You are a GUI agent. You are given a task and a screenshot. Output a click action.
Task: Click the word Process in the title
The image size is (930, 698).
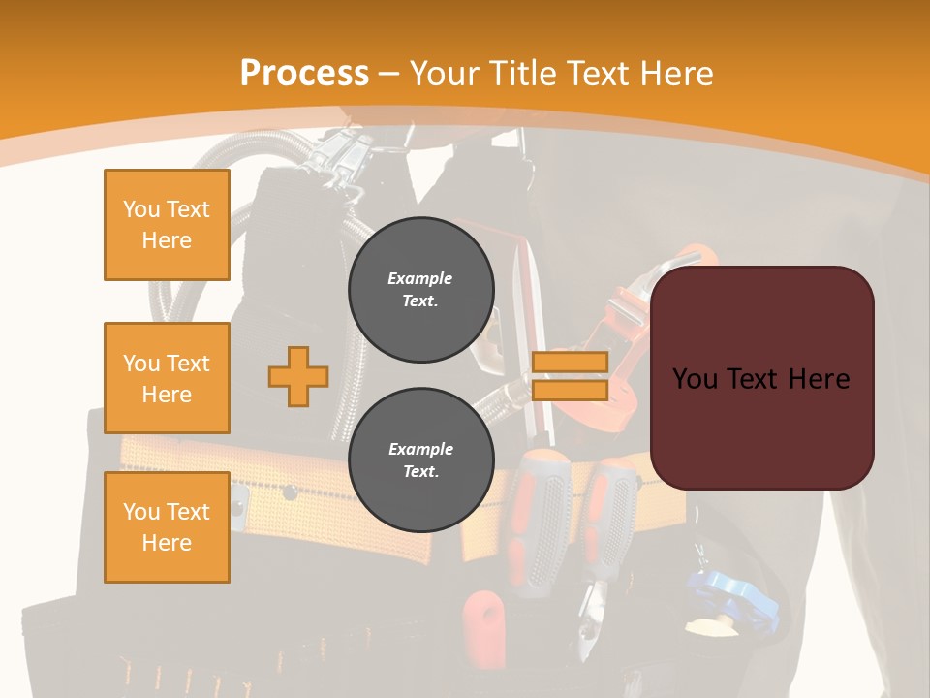tap(304, 74)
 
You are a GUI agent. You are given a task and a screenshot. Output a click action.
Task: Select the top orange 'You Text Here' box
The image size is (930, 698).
tap(167, 225)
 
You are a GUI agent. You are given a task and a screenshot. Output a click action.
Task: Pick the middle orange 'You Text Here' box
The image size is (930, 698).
tap(167, 378)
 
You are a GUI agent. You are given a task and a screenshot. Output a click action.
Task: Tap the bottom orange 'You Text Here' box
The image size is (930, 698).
tap(167, 527)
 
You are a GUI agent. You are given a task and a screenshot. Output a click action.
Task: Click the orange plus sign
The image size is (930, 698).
tap(298, 376)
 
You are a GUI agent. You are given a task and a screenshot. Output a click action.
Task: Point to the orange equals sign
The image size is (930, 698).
tap(570, 376)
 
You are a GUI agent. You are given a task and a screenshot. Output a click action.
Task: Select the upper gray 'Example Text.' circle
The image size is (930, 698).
tap(420, 290)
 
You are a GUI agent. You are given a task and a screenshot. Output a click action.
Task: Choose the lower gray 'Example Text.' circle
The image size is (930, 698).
tap(420, 460)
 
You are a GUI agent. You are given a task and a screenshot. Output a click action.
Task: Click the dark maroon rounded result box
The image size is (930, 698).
tap(761, 378)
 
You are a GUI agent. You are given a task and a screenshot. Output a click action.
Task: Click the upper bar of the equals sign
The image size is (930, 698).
tap(570, 363)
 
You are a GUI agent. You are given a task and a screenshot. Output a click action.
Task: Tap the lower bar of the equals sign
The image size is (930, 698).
tap(570, 390)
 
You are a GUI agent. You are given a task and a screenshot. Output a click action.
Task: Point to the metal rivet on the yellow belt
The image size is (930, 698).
tap(288, 493)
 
